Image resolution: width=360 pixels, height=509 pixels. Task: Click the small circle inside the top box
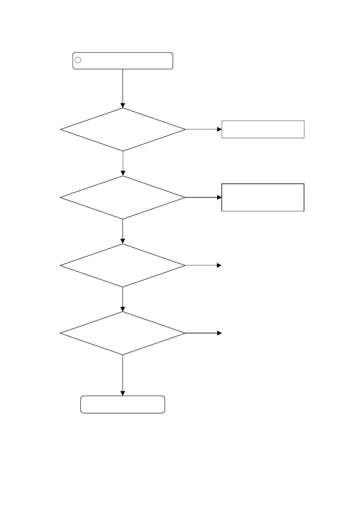pyautogui.click(x=78, y=60)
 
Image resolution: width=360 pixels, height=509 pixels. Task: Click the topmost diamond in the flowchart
pyautogui.click(x=123, y=129)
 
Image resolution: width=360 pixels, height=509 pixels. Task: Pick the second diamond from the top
pyautogui.click(x=123, y=197)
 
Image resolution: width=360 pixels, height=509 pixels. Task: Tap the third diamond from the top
pyautogui.click(x=123, y=265)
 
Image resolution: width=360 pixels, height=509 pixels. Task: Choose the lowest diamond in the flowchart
pyautogui.click(x=123, y=333)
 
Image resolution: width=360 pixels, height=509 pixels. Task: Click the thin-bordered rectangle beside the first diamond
pyautogui.click(x=263, y=129)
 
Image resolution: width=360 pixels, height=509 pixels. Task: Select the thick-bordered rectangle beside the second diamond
pyautogui.click(x=263, y=197)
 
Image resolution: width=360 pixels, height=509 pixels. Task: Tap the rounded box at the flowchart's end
pyautogui.click(x=123, y=404)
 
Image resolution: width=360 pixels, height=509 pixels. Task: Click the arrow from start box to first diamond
pyautogui.click(x=123, y=88)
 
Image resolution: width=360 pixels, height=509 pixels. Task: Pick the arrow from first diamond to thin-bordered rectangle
pyautogui.click(x=203, y=129)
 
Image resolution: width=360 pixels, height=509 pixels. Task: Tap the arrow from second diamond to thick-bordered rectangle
pyautogui.click(x=203, y=197)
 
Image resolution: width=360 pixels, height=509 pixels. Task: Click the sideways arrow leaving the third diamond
pyautogui.click(x=203, y=265)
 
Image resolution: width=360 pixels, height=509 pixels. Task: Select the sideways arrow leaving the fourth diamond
pyautogui.click(x=203, y=333)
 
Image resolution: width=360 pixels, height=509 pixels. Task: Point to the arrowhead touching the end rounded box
pyautogui.click(x=123, y=394)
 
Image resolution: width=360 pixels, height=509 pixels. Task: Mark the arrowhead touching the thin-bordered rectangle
pyautogui.click(x=220, y=129)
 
